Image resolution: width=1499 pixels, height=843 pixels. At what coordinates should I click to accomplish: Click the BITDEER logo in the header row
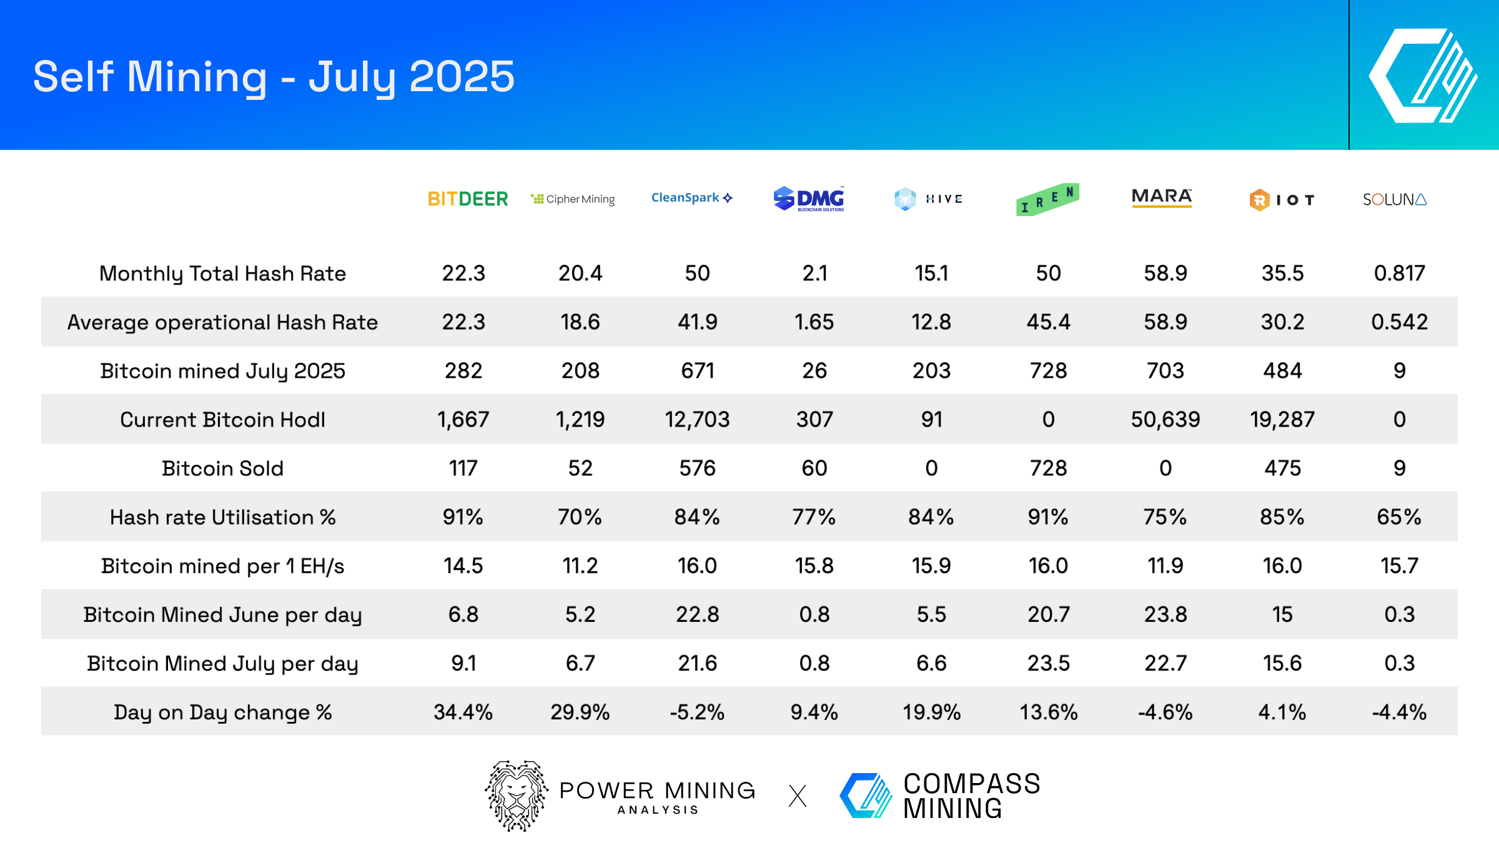467,199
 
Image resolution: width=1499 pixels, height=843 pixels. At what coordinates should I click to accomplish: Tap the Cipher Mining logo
573,199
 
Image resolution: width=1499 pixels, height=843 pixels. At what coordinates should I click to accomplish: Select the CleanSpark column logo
691,198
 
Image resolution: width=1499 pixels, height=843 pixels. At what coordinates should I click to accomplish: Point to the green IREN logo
1047,200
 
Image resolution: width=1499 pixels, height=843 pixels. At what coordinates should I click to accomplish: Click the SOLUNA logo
1394,200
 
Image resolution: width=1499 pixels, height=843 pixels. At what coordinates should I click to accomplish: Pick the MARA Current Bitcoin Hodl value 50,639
1165,420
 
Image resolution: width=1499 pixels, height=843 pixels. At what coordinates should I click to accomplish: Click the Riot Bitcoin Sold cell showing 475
1282,468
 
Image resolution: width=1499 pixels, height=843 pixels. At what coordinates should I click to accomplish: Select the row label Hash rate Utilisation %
222,517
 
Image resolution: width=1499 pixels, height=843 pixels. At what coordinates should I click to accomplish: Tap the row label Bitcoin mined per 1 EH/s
222,566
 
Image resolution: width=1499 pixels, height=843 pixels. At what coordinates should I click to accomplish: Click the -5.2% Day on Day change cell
697,712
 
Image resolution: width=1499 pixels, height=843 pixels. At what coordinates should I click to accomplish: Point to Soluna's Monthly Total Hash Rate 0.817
1399,274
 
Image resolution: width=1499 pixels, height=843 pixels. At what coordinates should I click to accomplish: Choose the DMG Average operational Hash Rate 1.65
814,322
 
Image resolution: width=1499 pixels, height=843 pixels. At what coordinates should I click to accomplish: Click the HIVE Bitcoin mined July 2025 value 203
931,371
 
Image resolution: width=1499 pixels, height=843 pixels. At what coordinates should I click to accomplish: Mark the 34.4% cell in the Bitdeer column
463,712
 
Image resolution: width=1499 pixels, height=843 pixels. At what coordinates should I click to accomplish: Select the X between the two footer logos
798,796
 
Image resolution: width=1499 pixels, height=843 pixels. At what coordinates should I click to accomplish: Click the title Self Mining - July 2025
274,77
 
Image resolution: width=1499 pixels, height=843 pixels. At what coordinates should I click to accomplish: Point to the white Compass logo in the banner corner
1423,76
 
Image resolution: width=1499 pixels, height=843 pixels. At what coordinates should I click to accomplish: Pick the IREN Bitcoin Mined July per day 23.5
1048,663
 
